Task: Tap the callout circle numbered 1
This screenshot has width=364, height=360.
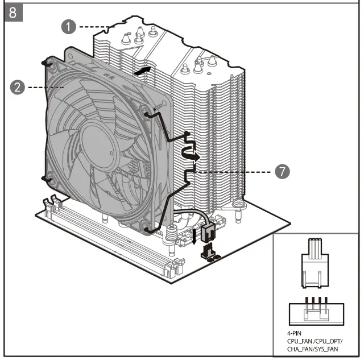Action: (69, 26)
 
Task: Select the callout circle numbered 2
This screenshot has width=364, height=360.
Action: (17, 87)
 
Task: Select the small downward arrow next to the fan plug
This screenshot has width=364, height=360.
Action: (195, 236)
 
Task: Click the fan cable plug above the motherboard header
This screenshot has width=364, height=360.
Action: (208, 230)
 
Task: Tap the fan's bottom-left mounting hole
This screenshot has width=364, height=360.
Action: (48, 180)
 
